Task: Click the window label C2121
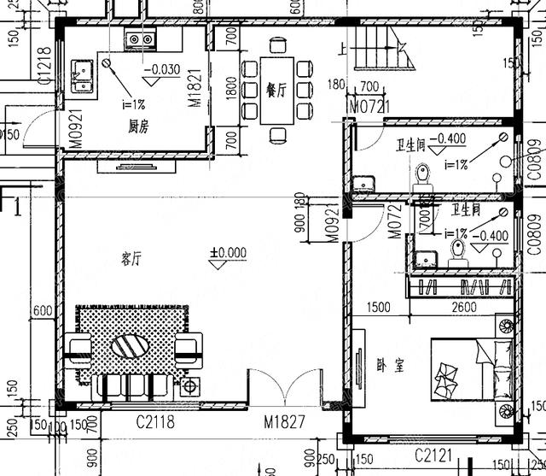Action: (x=433, y=453)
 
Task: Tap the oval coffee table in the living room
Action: (x=132, y=348)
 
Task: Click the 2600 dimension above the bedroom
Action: (x=463, y=308)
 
